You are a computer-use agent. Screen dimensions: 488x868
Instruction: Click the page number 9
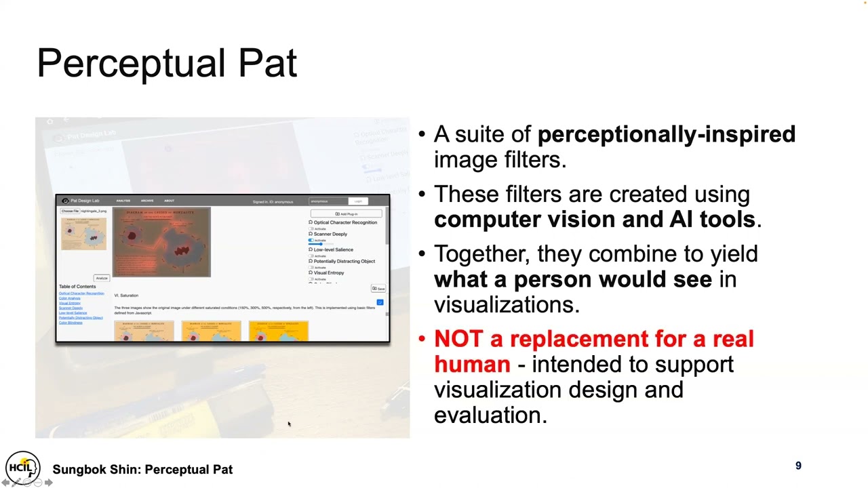(x=798, y=466)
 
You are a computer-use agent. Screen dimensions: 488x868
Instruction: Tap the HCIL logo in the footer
(x=22, y=467)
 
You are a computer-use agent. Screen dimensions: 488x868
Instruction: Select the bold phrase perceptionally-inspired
(x=666, y=134)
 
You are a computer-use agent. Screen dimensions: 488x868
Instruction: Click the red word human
(x=472, y=364)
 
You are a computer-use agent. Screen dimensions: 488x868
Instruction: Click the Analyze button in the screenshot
(x=101, y=278)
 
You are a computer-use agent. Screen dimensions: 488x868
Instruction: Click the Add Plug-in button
(x=347, y=214)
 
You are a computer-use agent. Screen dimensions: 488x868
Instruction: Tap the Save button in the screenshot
(x=378, y=289)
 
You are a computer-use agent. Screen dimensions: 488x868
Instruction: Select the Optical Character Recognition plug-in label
(x=344, y=222)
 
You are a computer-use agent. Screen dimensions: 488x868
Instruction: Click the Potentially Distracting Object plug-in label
(x=344, y=261)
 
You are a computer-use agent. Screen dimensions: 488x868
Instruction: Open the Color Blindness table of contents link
(x=71, y=323)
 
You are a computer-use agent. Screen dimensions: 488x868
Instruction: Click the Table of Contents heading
(x=77, y=287)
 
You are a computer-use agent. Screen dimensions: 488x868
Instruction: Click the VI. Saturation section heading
(x=126, y=296)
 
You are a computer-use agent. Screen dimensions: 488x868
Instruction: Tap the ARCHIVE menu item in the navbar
(x=147, y=201)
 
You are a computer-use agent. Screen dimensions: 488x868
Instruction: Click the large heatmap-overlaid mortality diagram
(x=161, y=243)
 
